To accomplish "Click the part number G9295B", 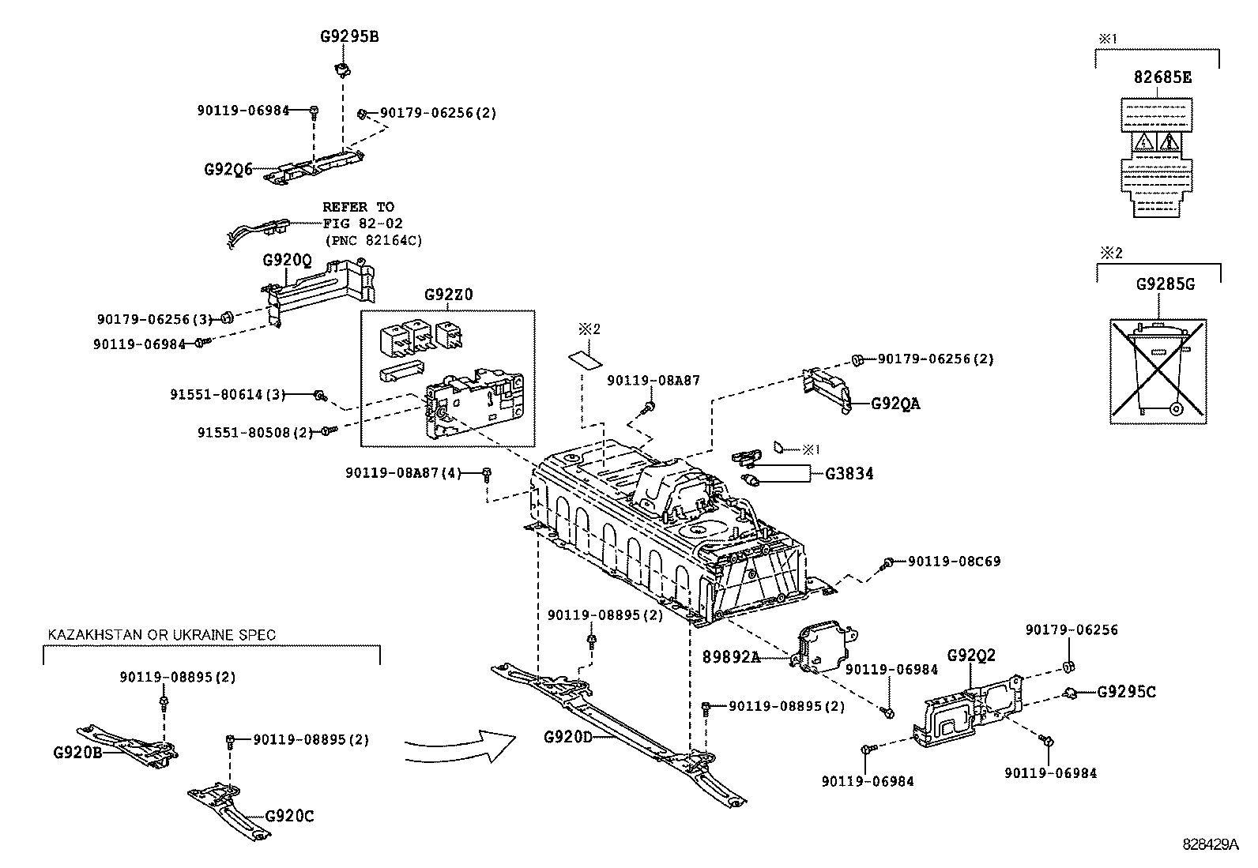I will coord(348,36).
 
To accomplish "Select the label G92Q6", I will coord(228,169).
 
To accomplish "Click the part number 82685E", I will coord(1162,77).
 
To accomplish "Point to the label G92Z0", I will coord(449,295).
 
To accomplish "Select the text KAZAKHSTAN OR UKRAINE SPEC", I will coord(162,634).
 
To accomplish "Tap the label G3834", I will coord(849,474).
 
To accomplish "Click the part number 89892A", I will coord(731,656).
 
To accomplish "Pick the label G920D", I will coord(567,738).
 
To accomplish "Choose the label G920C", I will coord(289,816).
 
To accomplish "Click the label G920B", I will coord(78,752).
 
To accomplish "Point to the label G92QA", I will coord(895,404).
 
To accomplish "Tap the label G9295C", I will coord(1126,692).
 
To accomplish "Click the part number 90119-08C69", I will coord(954,562).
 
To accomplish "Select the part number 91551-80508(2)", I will coord(255,433).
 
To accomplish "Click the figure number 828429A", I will coord(1210,844).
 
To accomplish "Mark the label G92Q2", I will coord(971,655).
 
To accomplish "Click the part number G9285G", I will coord(1165,284).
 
